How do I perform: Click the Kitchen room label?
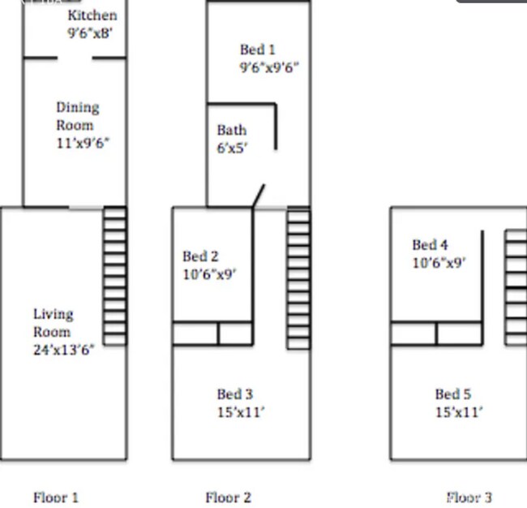click(92, 15)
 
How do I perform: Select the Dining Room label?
click(77, 116)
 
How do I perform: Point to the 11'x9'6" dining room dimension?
click(82, 144)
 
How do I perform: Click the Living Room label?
click(53, 322)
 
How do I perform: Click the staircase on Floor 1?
click(115, 277)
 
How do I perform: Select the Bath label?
click(231, 130)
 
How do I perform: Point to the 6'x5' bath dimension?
click(232, 148)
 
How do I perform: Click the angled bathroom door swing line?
click(259, 196)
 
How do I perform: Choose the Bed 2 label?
click(200, 256)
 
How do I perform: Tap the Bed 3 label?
click(234, 394)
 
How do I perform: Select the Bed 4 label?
click(430, 244)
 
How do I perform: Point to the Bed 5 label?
click(452, 394)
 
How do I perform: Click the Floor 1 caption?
click(56, 497)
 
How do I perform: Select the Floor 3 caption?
click(469, 497)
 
